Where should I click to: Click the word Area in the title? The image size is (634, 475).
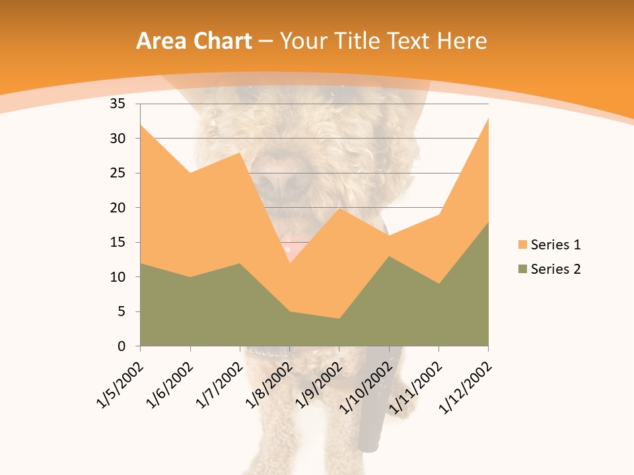point(161,42)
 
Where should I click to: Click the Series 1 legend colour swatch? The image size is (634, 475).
point(523,245)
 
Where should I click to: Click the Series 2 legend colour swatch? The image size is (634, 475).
point(523,269)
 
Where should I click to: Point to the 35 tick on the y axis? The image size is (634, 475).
point(118,104)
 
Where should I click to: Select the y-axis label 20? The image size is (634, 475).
point(118,208)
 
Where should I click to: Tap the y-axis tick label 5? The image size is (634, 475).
point(121,311)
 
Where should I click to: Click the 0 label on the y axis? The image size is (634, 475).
point(121,346)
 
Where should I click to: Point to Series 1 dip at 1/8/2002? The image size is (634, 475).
point(289,263)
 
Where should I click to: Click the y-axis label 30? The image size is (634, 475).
point(118,139)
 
